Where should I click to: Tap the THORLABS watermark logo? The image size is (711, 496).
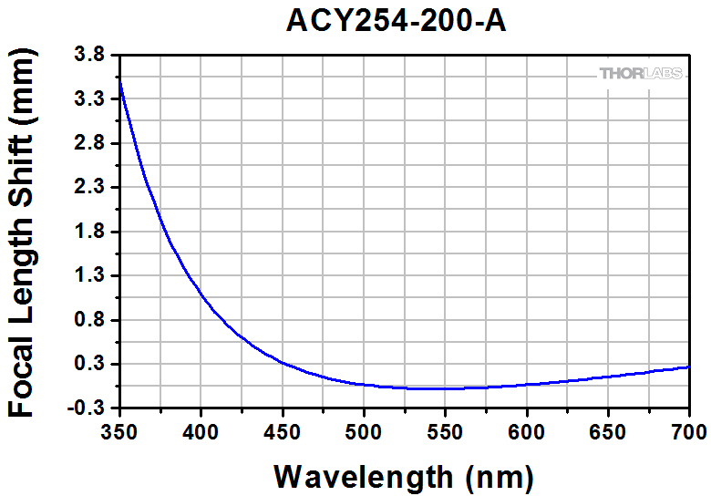coord(642,73)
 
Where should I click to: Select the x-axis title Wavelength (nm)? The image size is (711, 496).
coord(403,475)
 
